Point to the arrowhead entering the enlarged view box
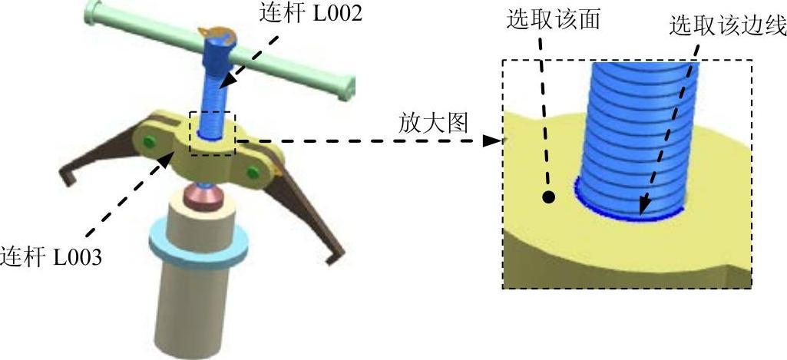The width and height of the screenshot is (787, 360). point(491,140)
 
